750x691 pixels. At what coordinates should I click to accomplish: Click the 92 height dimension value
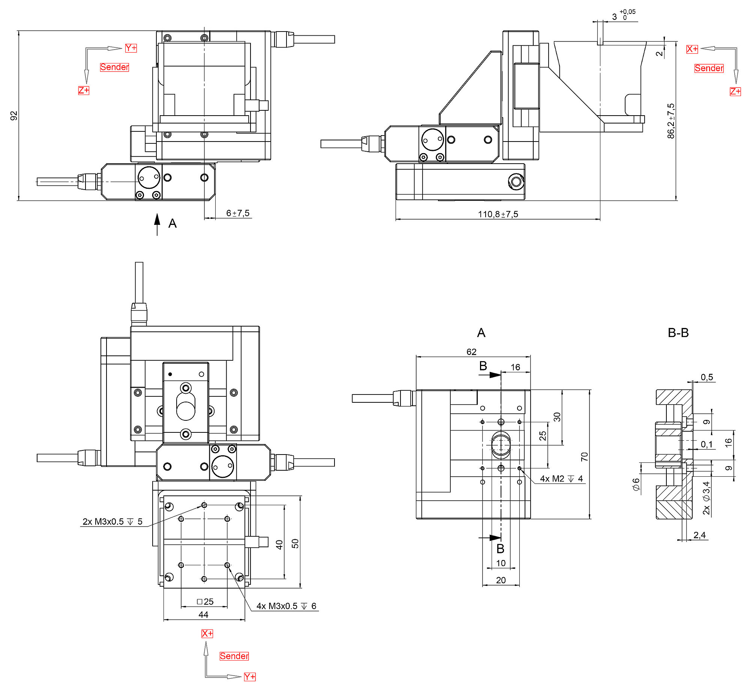click(x=14, y=116)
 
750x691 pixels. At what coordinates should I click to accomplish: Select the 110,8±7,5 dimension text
click(x=498, y=214)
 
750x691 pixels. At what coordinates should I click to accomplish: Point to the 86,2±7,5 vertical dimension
click(x=670, y=121)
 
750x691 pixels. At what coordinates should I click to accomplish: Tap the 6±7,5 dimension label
click(x=238, y=213)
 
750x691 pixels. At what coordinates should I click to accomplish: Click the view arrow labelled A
click(x=157, y=224)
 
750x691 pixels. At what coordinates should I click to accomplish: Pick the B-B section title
click(x=678, y=333)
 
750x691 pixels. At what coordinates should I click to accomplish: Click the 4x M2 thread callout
click(x=561, y=479)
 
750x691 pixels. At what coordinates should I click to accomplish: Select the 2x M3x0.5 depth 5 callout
click(x=112, y=521)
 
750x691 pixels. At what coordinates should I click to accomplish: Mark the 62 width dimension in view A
click(x=471, y=352)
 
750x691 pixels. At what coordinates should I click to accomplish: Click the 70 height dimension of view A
click(x=584, y=456)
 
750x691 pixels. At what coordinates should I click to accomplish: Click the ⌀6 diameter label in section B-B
click(x=636, y=484)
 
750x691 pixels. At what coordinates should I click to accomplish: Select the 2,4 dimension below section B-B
click(x=699, y=535)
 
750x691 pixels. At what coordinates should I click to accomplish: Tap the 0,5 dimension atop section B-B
click(x=706, y=377)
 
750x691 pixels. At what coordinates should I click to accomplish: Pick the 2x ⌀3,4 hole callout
click(x=706, y=498)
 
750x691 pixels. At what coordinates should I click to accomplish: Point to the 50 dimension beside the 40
click(x=295, y=543)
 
